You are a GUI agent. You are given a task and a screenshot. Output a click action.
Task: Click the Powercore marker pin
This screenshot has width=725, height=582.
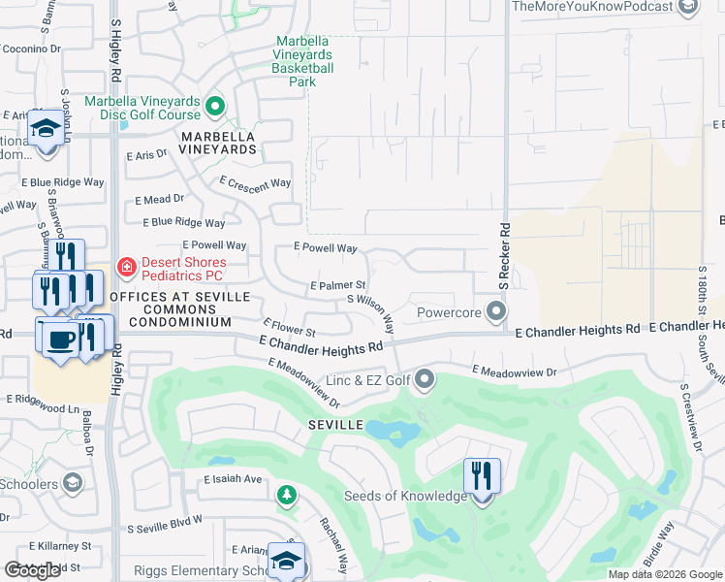pos(496,312)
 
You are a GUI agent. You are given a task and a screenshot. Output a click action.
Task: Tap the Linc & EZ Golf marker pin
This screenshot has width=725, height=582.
pos(424,380)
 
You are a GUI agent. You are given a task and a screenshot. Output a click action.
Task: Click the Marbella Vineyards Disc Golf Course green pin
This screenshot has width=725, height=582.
pos(216,105)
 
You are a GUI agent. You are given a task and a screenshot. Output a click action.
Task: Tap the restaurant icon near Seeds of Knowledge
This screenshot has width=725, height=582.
pos(482,476)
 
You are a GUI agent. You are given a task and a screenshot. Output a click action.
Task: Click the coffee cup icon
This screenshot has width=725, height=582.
pos(62,338)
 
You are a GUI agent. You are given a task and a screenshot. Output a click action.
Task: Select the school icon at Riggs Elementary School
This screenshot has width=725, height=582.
pos(287,561)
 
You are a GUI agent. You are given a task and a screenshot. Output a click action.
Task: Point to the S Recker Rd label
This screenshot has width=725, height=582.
pos(504,256)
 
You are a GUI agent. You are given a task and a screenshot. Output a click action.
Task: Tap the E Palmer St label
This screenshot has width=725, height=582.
pos(337,285)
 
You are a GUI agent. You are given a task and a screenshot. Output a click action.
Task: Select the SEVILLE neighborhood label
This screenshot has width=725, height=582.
pos(336,426)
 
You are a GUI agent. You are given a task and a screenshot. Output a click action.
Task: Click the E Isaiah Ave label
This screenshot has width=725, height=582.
pos(233,479)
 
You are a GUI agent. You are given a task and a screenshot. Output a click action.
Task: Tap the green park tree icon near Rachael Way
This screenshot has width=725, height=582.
pos(286,497)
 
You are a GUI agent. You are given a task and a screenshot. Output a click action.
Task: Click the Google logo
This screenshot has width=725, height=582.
pos(33,570)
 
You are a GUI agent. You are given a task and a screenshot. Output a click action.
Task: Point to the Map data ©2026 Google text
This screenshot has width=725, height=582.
pos(664,574)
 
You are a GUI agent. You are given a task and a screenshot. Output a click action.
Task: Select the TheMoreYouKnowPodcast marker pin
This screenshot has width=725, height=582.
pos(688,8)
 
